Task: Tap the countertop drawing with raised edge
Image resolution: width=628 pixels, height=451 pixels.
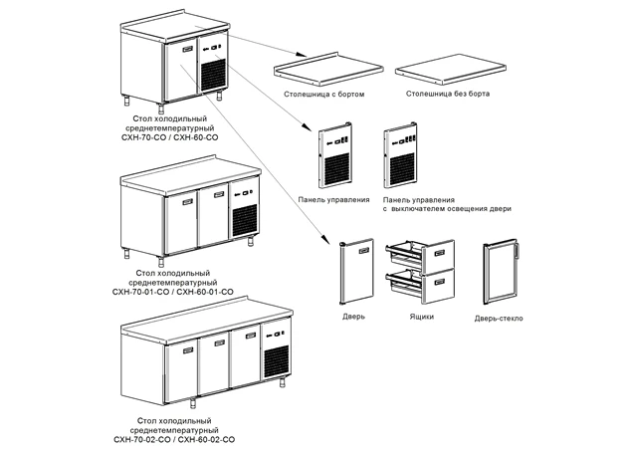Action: (327, 65)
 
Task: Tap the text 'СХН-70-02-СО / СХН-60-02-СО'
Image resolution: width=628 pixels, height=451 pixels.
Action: (173, 439)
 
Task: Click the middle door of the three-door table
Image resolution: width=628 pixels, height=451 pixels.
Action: (214, 368)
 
